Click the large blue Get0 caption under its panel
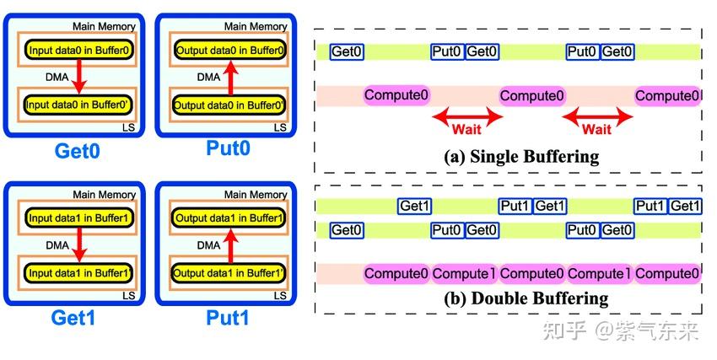pos(78,152)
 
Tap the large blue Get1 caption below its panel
pos(78,319)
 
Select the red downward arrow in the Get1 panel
pos(78,245)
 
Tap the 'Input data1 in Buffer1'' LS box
pos(78,273)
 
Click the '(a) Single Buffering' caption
pos(521,156)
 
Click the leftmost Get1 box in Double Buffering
pos(415,206)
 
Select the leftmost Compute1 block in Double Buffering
pos(463,274)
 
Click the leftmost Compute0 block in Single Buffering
pos(396,95)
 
